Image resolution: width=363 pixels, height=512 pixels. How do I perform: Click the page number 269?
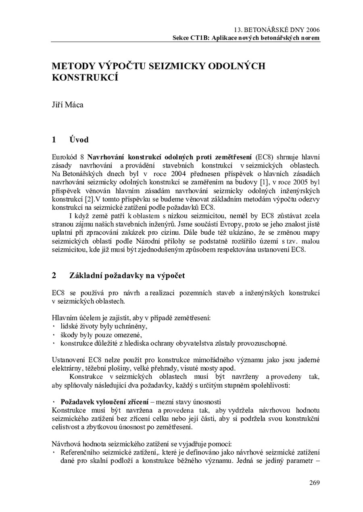tap(314, 483)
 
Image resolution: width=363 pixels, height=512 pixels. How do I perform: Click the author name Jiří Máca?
tap(67, 105)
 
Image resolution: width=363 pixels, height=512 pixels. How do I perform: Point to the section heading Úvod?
tap(79, 140)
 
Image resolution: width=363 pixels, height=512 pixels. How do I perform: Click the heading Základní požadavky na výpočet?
tap(127, 276)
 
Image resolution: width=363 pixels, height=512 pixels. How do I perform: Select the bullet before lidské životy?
tap(54, 326)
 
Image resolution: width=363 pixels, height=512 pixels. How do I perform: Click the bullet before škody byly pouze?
tap(54, 335)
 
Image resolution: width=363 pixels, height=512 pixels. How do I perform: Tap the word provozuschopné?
tap(263, 343)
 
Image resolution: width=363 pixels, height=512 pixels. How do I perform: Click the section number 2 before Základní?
tap(54, 276)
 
